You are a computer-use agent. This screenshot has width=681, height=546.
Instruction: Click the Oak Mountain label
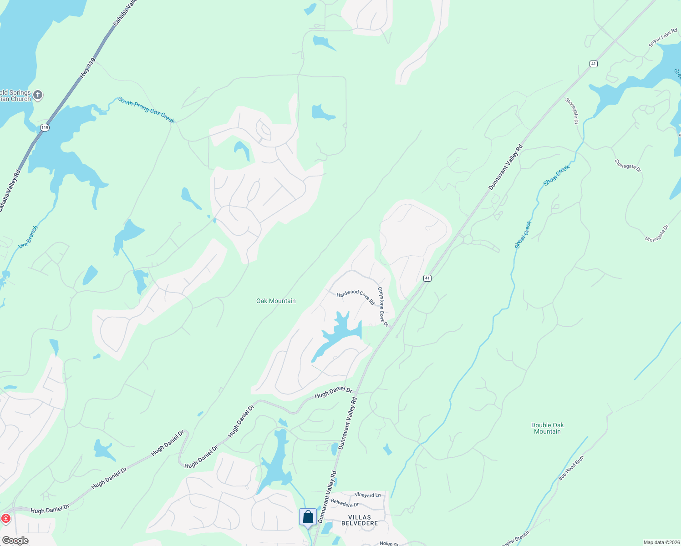pos(276,301)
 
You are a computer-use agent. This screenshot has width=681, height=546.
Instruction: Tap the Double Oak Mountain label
pos(547,428)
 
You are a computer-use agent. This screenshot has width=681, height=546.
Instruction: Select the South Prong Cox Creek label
pos(146,110)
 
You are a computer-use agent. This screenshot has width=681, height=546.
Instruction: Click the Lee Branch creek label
pos(28,237)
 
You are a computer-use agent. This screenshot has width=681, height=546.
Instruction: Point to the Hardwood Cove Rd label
pos(356,297)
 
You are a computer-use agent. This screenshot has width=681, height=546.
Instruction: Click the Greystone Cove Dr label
pos(383,307)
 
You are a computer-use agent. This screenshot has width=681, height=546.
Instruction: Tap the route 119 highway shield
pos(44,127)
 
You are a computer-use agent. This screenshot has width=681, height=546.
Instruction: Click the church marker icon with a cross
pos(38,95)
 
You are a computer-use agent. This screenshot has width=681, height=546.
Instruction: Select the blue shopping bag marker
pos(308,517)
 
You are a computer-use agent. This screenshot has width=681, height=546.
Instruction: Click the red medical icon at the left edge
pos(5,518)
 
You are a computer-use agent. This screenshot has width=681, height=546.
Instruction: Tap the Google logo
pos(15,541)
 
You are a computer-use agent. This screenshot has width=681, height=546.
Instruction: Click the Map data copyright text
pos(661,542)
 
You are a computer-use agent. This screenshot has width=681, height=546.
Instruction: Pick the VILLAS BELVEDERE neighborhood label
pos(360,520)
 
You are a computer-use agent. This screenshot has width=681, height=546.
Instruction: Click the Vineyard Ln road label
pos(367,495)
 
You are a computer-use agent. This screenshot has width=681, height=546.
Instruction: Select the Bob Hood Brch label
pos(571,468)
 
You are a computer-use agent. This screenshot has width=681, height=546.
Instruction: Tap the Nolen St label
pos(389,543)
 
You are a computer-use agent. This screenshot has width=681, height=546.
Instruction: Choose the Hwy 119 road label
pos(88,69)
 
